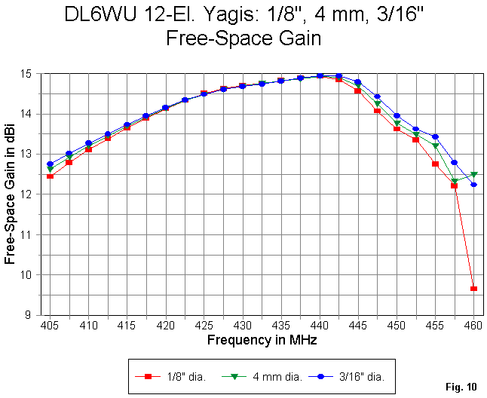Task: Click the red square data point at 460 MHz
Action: (x=473, y=289)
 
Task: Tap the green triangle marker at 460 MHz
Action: (x=473, y=174)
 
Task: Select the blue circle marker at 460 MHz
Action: (x=473, y=185)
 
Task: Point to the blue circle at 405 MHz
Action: (x=50, y=164)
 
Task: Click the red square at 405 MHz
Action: (x=50, y=176)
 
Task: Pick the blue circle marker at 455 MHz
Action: (x=435, y=137)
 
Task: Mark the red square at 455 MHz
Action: (x=435, y=164)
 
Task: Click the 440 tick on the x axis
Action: (x=320, y=326)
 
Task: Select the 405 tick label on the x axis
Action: (x=50, y=326)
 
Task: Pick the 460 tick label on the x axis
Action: (x=473, y=326)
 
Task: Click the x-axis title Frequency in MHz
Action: (x=262, y=340)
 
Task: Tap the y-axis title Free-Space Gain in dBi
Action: (x=11, y=194)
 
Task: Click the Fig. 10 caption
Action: (x=461, y=387)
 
